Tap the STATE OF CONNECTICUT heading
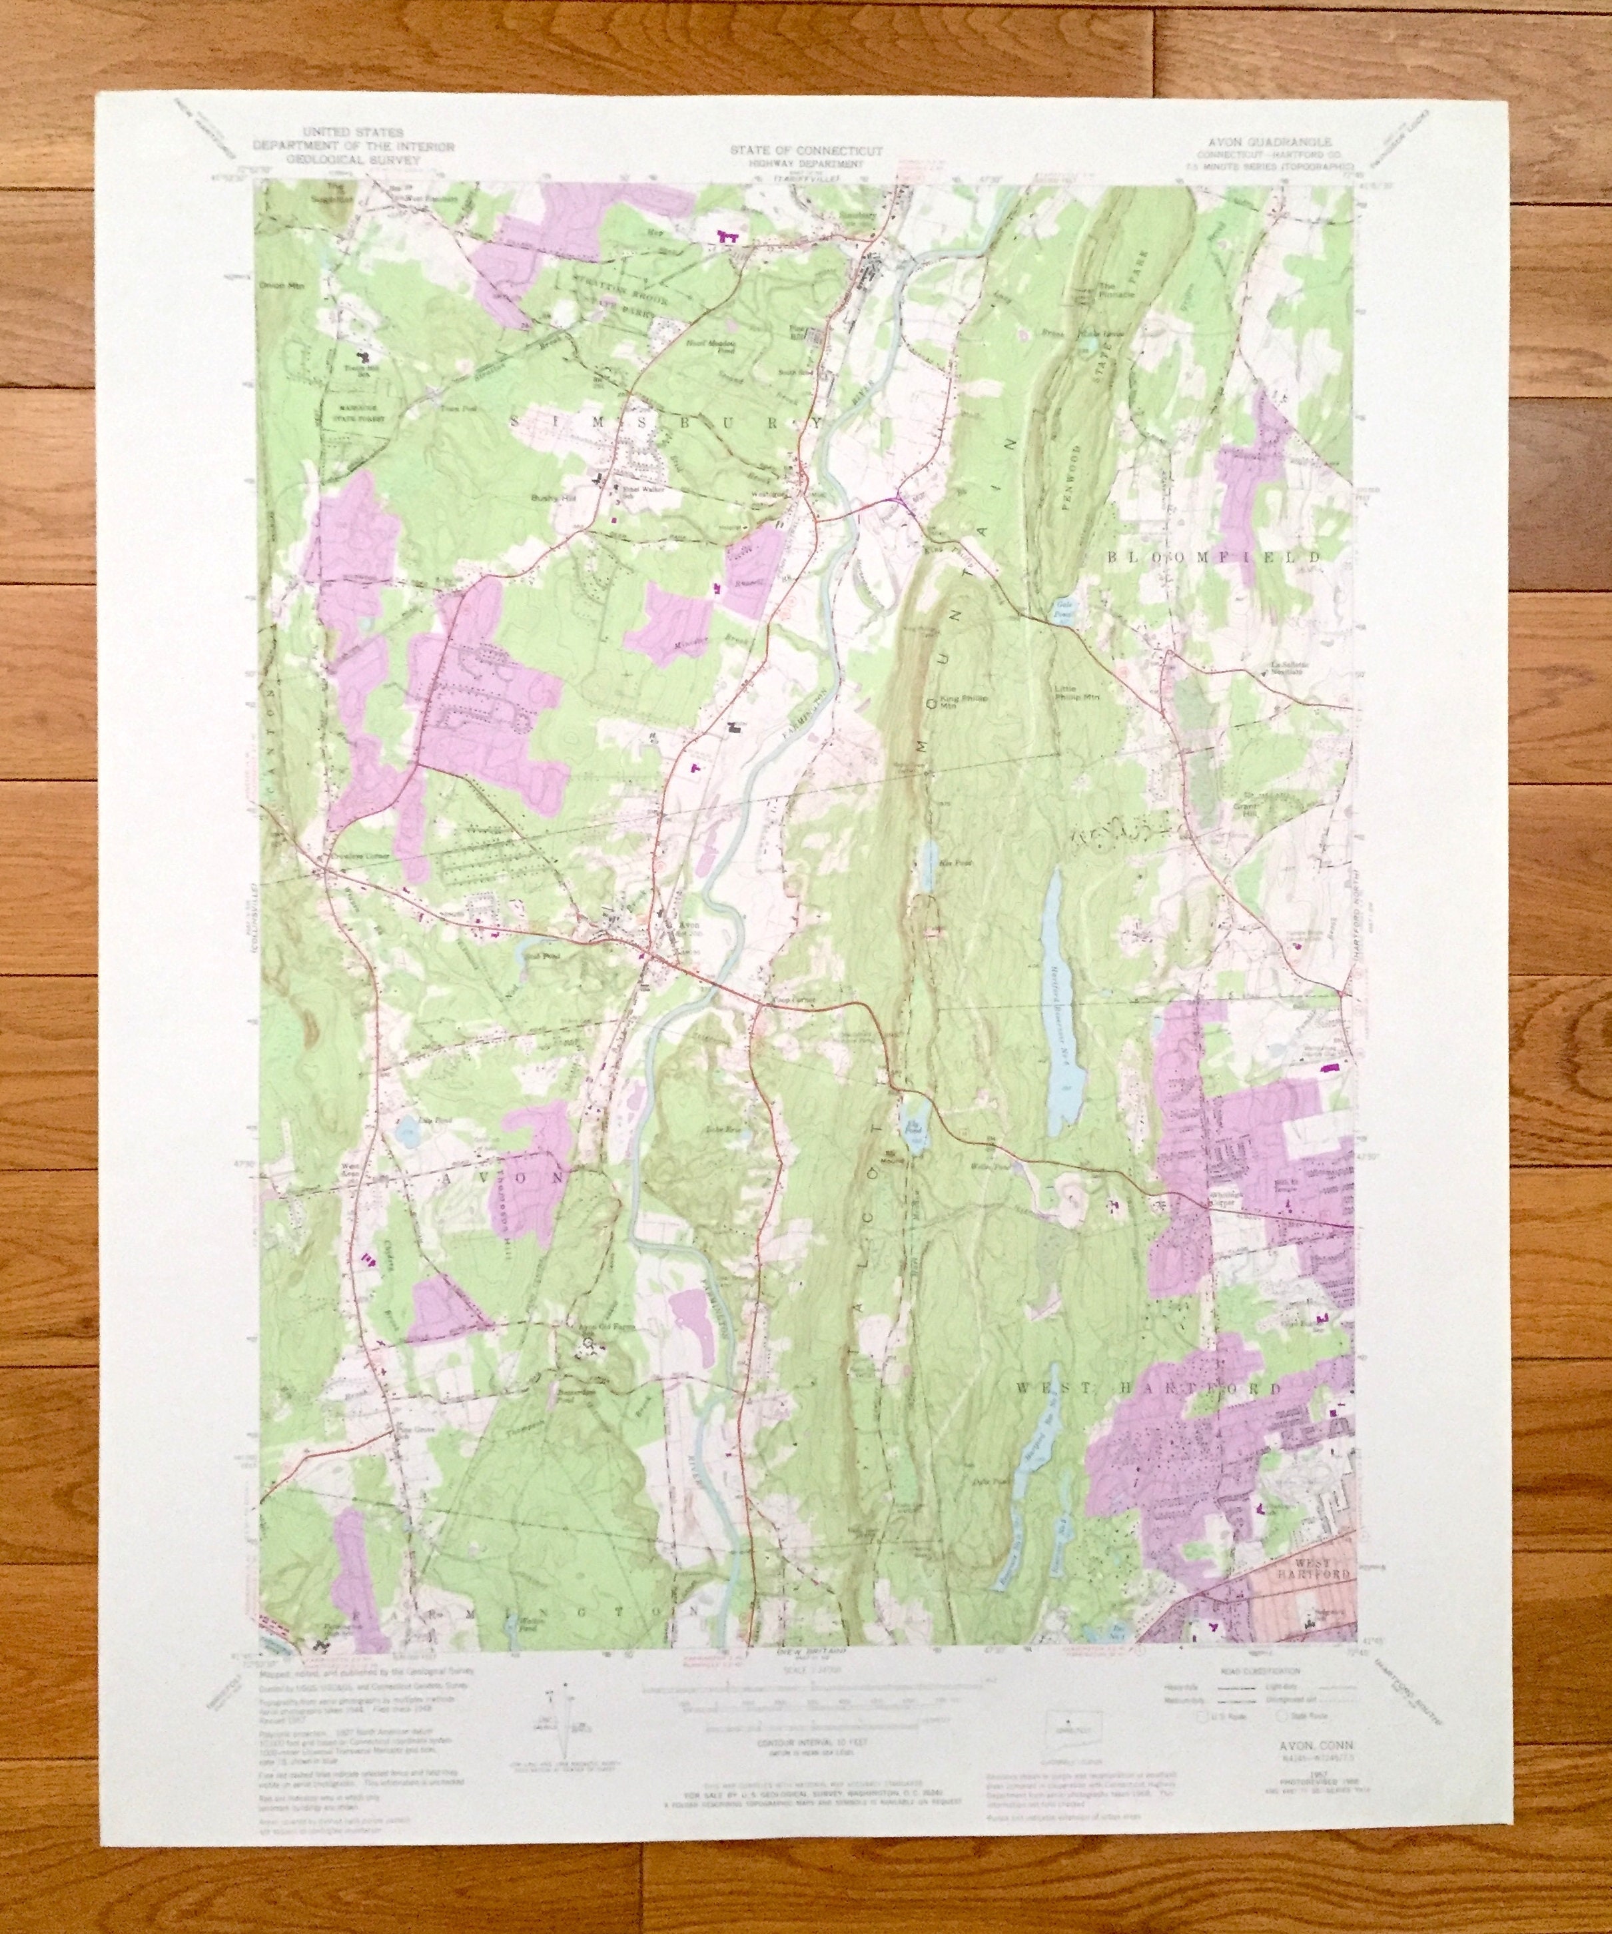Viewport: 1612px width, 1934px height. (x=807, y=149)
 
